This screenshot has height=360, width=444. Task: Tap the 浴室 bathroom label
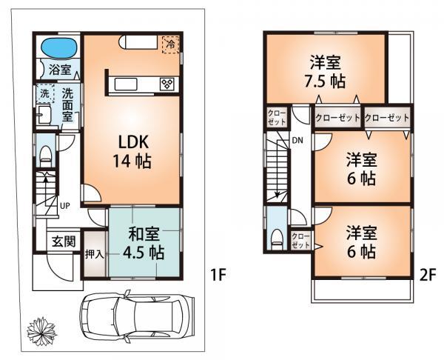pos(60,70)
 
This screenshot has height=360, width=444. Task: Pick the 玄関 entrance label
pos(61,241)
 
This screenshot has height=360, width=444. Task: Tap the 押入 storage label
pos(94,253)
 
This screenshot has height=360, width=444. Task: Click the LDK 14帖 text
pos(132,151)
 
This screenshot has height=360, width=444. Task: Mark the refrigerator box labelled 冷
pos(170,44)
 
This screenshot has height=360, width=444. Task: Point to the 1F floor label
pos(216,276)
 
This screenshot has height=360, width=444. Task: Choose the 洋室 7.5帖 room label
pos(326,71)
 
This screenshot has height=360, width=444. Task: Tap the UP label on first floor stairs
pos(65,204)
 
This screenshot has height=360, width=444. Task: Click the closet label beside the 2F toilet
pos(300,239)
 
